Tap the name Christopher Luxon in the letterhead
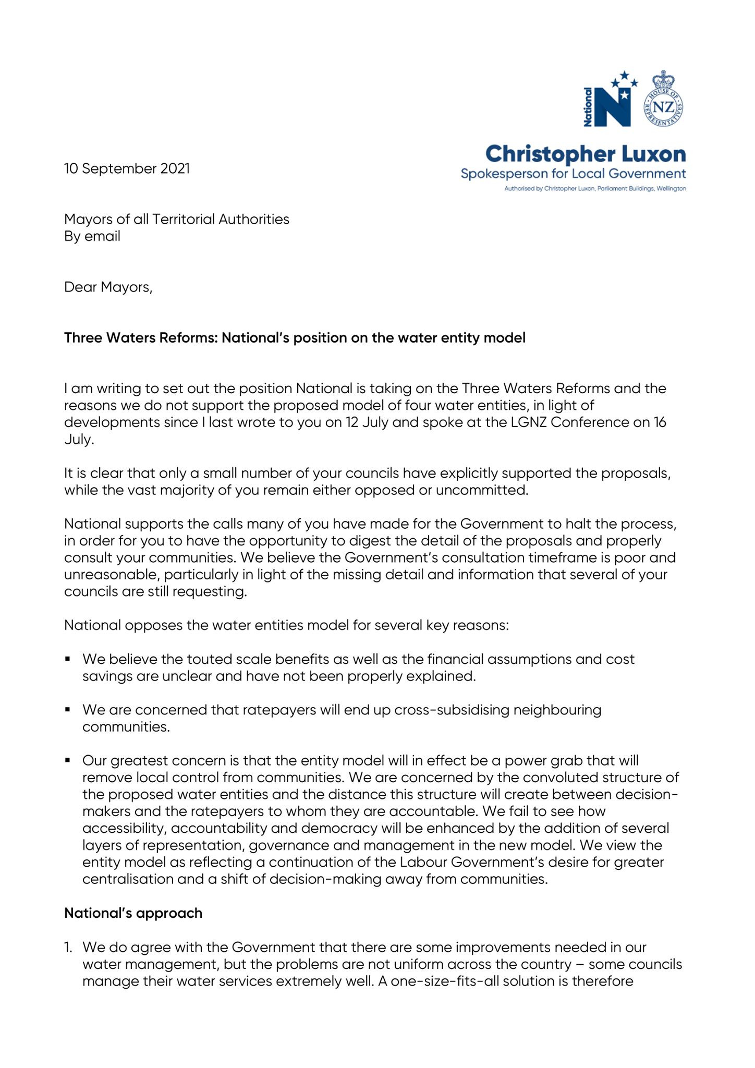coord(585,154)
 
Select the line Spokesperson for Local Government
coord(573,174)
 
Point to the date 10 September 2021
coord(127,168)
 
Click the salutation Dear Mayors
coord(108,287)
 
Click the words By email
coord(92,236)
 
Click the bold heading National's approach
coord(133,913)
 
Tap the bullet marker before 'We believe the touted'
coord(68,659)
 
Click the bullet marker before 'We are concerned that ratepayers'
coord(68,710)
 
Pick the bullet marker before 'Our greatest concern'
coord(68,760)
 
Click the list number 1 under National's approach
coord(68,947)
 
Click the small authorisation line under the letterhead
coord(595,188)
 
